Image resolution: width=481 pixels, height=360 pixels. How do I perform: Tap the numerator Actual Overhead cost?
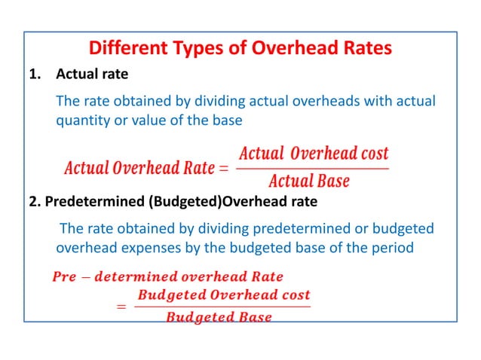click(313, 154)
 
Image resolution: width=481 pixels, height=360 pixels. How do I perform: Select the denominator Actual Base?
click(308, 181)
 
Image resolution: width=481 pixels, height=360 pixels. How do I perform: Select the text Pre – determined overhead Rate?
click(167, 276)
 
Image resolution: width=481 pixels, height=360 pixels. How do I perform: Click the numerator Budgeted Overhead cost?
click(223, 294)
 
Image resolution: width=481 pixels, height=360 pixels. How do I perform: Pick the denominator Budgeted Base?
click(219, 317)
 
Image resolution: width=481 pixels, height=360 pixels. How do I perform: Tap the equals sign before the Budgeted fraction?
click(121, 307)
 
